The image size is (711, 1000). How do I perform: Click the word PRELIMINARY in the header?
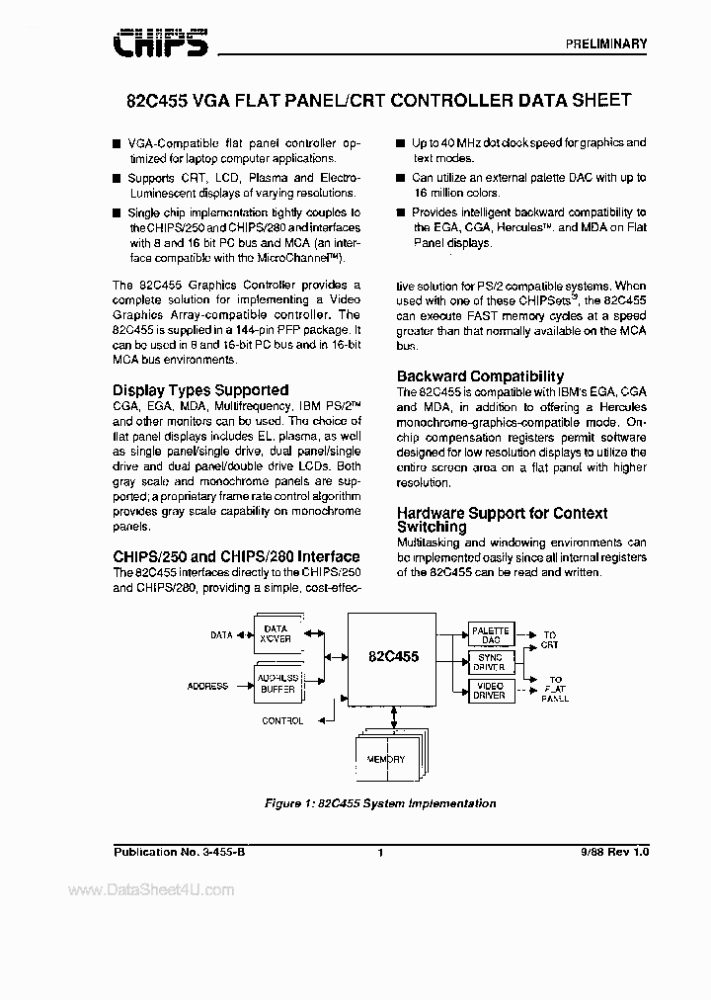[x=606, y=43]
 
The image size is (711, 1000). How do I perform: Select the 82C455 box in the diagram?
[x=394, y=655]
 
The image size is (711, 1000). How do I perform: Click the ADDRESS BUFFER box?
[x=276, y=685]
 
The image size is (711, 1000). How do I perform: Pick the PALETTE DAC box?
[x=490, y=635]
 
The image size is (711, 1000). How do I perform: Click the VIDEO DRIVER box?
[x=490, y=690]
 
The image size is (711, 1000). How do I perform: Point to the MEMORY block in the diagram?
[x=385, y=759]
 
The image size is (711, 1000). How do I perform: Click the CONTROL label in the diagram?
[x=282, y=721]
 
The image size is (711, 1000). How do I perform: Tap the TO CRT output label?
[x=549, y=639]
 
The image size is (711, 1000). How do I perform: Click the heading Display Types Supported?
[x=200, y=390]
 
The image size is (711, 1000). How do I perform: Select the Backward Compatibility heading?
[x=480, y=376]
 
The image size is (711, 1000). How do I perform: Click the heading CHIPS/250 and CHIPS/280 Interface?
[x=236, y=556]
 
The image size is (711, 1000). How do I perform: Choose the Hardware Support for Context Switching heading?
[x=502, y=520]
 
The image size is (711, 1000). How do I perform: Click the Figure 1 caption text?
[x=379, y=803]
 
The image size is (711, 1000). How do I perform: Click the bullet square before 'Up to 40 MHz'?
[x=401, y=143]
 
